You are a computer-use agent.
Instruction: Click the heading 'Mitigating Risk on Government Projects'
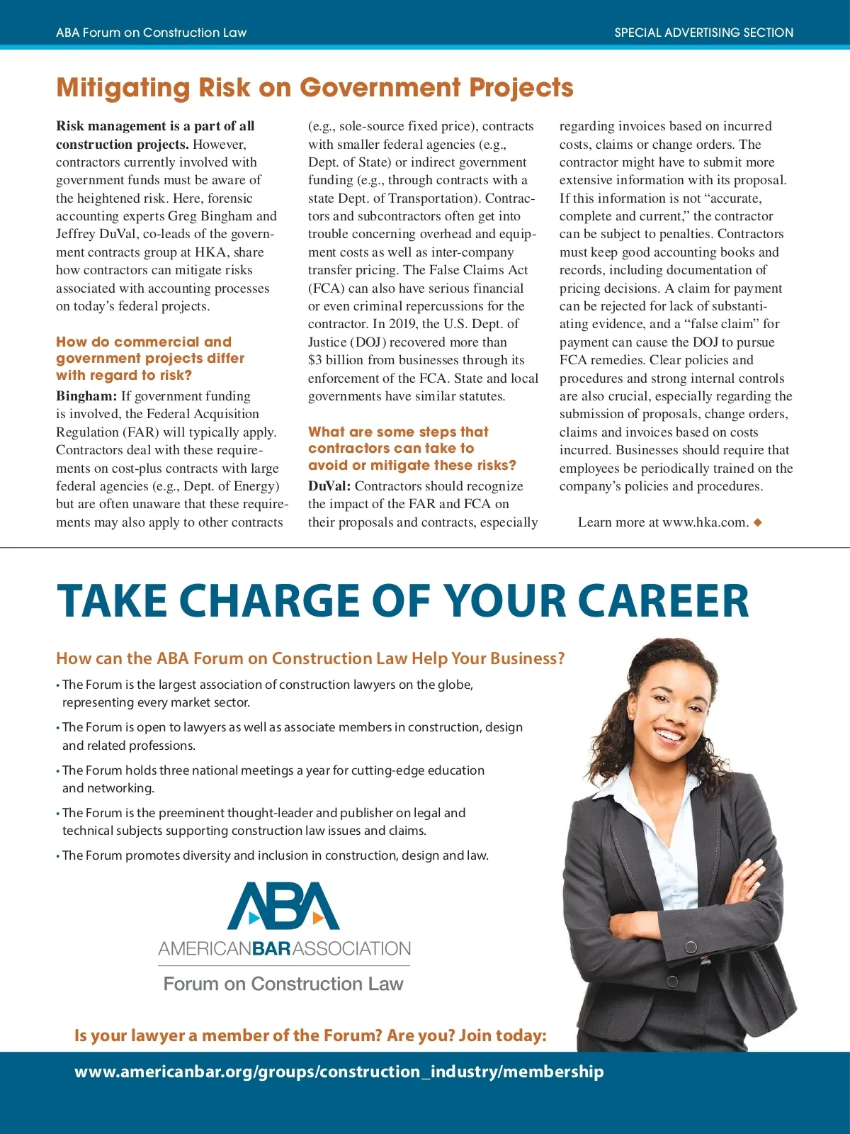pos(314,88)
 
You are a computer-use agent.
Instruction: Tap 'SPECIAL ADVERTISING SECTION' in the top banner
pos(703,33)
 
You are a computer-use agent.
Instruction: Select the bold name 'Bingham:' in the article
pos(86,396)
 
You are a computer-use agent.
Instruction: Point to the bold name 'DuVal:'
pos(329,486)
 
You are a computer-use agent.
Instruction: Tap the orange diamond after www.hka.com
pos(758,522)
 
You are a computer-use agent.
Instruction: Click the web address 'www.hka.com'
pos(704,522)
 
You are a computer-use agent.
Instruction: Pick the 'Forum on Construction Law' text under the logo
pos(283,984)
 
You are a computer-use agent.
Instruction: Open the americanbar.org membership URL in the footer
pos(339,1072)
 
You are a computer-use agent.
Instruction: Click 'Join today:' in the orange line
pos(502,1035)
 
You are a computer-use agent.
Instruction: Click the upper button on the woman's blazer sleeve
pos(691,947)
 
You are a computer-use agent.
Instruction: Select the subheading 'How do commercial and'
pos(144,342)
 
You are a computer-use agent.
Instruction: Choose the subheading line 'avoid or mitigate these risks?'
pos(412,465)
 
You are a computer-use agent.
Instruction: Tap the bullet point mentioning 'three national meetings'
pos(273,770)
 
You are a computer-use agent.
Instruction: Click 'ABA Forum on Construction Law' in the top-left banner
pos(152,33)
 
